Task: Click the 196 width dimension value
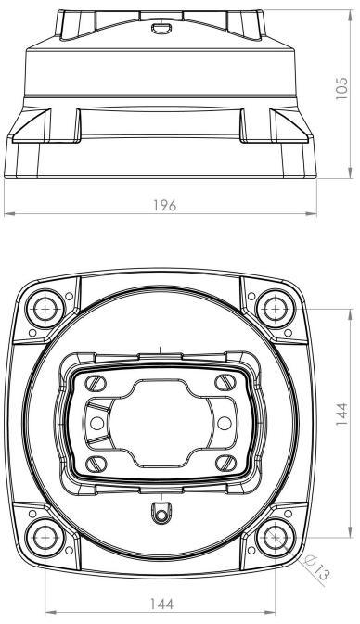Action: pyautogui.click(x=165, y=205)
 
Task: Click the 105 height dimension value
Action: pyautogui.click(x=341, y=88)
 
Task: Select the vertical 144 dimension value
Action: pyautogui.click(x=341, y=414)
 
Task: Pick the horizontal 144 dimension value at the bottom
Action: pyautogui.click(x=162, y=604)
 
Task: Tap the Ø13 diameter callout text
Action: pyautogui.click(x=317, y=567)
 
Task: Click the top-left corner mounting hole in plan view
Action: pyautogui.click(x=45, y=309)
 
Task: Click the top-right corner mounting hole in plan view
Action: pyautogui.click(x=276, y=309)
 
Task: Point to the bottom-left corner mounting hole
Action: pyautogui.click(x=45, y=537)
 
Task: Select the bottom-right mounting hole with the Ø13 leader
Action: pyautogui.click(x=276, y=537)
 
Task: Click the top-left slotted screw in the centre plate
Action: pyautogui.click(x=96, y=383)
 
